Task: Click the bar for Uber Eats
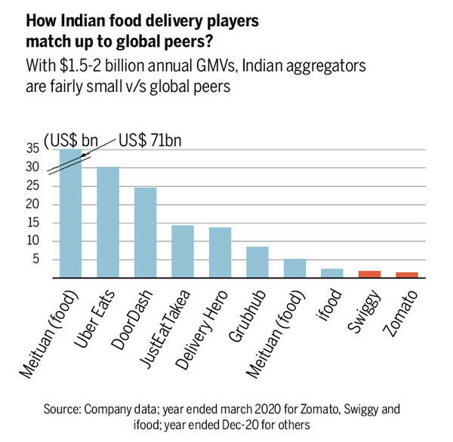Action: point(108,223)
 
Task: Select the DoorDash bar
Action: point(145,232)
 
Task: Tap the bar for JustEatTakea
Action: point(183,252)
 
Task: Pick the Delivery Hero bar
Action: point(220,253)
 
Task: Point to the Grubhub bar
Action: point(257,262)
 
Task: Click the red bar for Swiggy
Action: point(369,274)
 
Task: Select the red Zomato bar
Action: point(406,275)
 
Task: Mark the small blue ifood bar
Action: point(331,273)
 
